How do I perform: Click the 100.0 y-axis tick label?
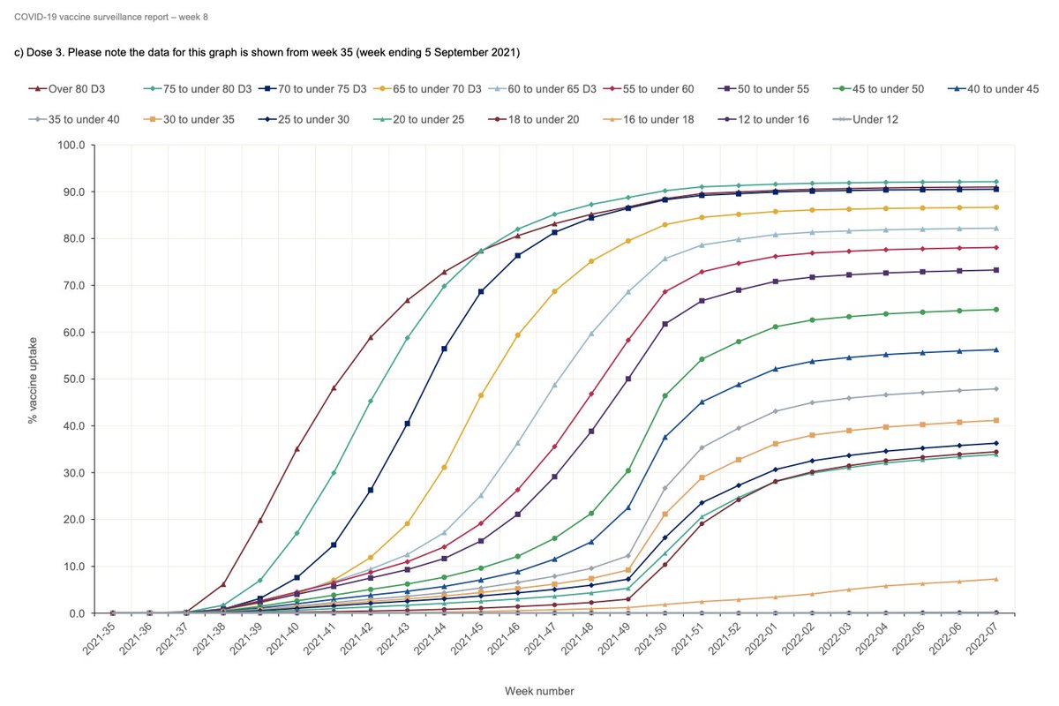70,145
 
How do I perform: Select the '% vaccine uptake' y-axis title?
33,379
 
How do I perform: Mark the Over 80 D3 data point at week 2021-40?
297,449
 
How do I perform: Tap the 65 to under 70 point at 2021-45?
481,395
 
